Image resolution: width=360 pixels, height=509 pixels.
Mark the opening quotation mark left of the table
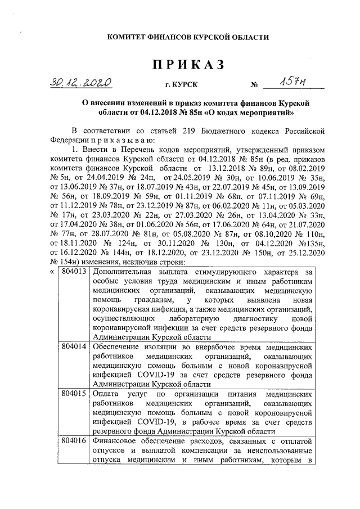tap(52, 272)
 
